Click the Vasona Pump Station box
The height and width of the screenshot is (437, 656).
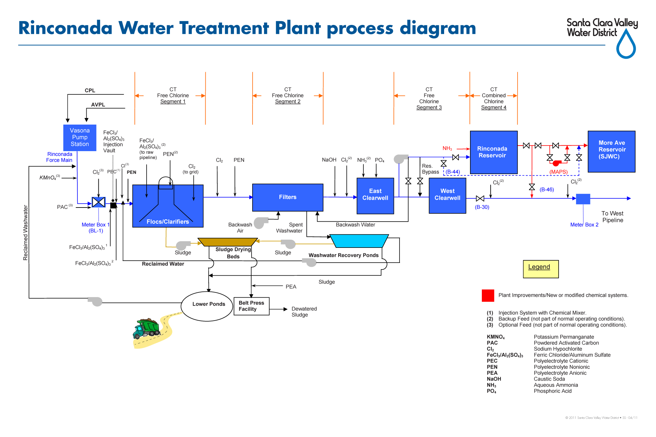click(80, 137)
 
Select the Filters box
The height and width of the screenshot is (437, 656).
click(288, 197)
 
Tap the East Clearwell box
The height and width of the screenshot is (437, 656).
click(375, 196)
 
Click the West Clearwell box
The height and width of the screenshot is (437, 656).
click(447, 196)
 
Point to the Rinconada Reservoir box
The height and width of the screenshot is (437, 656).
click(493, 152)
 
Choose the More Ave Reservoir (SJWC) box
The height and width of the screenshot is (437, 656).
click(611, 151)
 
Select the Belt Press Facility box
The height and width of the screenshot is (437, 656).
click(251, 306)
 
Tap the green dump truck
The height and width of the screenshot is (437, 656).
click(147, 329)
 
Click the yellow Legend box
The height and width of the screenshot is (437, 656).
click(541, 269)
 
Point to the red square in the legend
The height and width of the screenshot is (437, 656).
click(488, 295)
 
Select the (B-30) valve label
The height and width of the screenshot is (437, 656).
click(482, 207)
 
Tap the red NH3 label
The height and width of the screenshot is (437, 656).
click(447, 149)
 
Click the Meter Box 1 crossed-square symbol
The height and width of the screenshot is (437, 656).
click(98, 202)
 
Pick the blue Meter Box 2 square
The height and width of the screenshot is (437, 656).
click(583, 199)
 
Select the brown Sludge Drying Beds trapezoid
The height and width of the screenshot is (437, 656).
click(227, 242)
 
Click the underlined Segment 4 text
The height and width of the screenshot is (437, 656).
click(493, 108)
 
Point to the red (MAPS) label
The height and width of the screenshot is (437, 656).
click(558, 172)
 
